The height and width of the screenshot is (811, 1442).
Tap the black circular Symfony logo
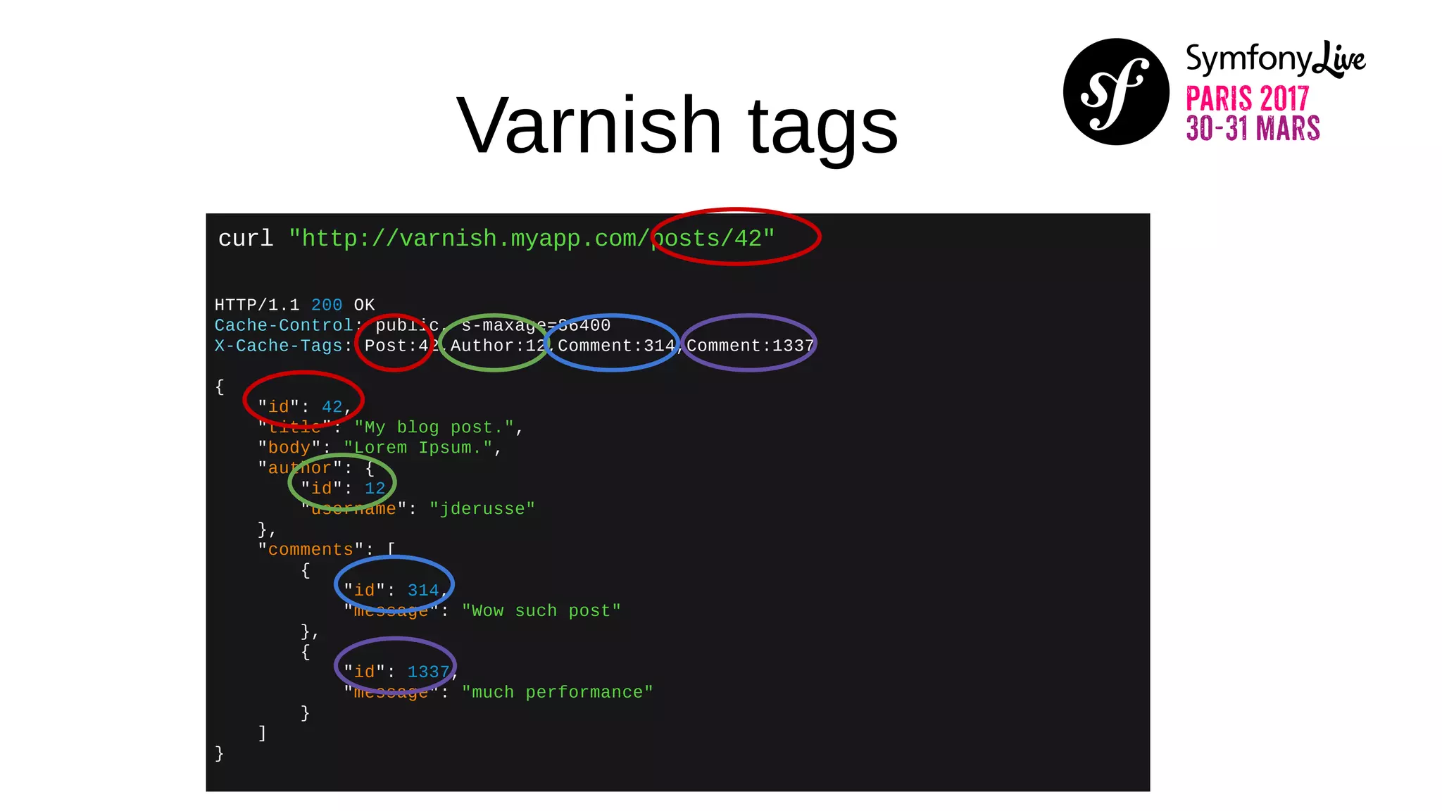click(x=1116, y=92)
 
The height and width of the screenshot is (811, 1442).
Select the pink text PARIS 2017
click(x=1247, y=99)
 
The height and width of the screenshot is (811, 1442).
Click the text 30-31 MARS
click(x=1253, y=129)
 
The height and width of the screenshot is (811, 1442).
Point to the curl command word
click(x=245, y=239)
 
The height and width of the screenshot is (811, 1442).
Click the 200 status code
click(x=327, y=305)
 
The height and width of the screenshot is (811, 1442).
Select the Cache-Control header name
click(x=283, y=325)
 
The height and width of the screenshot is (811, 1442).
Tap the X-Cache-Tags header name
click(x=278, y=346)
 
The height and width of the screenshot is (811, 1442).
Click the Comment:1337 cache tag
click(x=750, y=346)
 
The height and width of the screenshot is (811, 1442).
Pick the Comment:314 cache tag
click(x=616, y=346)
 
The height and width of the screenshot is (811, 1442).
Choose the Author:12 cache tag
click(x=498, y=346)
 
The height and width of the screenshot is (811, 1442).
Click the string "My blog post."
click(x=434, y=427)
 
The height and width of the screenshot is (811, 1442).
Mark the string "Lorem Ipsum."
click(x=418, y=448)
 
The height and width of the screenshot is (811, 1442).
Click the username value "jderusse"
click(x=482, y=509)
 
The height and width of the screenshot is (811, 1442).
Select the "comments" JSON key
click(x=311, y=550)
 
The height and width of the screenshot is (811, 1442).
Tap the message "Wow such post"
click(x=541, y=611)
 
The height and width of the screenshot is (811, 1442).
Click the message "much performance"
click(x=557, y=693)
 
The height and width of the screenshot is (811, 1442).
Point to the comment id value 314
click(x=422, y=591)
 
